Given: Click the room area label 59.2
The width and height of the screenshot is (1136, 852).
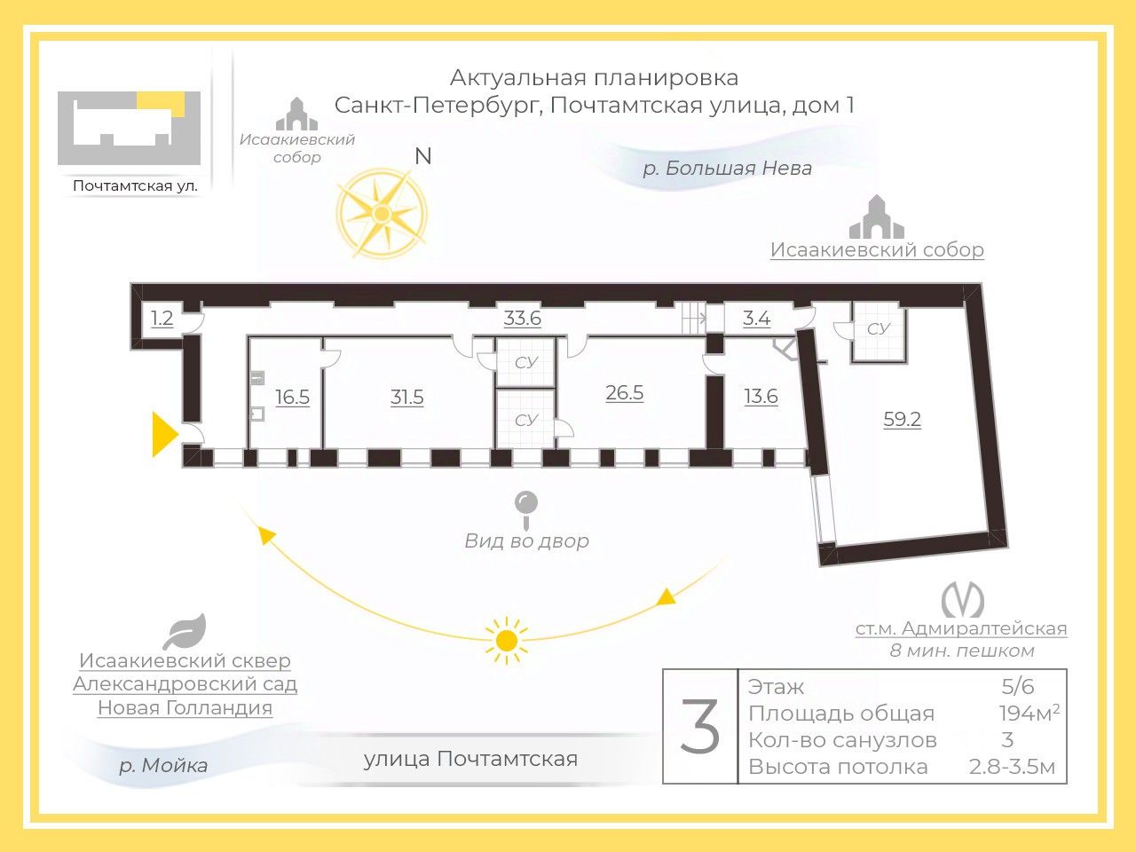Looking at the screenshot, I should pos(902,419).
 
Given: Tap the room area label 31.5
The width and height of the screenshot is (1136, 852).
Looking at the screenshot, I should pos(407,397).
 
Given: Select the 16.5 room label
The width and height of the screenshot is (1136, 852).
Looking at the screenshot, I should pos(292,397).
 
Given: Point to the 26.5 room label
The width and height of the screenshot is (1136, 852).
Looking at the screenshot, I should pos(624,392).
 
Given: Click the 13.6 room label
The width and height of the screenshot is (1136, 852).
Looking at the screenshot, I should pos(761,397).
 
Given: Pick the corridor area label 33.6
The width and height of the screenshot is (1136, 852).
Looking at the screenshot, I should pos(522,318).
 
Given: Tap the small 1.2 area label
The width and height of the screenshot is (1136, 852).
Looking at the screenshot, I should pos(162,318).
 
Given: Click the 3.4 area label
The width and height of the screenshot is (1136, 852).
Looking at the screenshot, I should pos(756,318).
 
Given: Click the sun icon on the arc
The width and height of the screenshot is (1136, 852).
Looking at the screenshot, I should pos(506,640).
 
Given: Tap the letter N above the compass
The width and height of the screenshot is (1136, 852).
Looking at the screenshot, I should pos(423,156).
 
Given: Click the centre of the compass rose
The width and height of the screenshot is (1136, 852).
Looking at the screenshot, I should pos(382,214).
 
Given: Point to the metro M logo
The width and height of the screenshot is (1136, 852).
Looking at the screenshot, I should pos(962,600).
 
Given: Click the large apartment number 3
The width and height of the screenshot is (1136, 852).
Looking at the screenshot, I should pos(700,727).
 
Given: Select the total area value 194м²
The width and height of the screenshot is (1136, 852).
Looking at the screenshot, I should pos(1029,713).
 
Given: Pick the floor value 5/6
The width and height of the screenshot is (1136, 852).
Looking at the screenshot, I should pos(1017,686).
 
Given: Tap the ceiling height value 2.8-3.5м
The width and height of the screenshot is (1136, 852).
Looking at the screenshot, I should pos(1012,767).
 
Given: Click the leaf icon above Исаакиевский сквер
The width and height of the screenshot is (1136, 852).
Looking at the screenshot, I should pos(185,631).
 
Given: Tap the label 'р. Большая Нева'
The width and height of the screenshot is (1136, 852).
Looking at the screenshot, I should pos(727,168).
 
